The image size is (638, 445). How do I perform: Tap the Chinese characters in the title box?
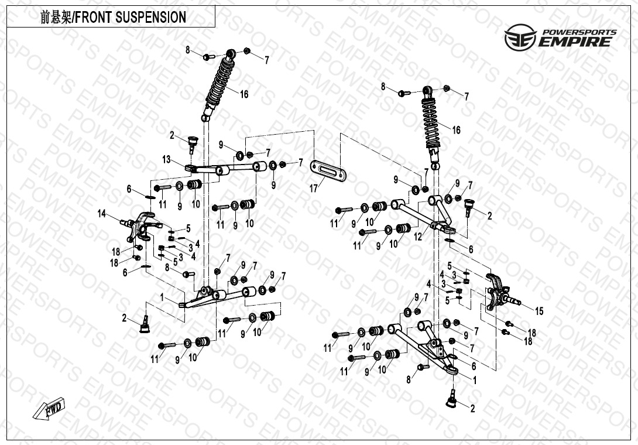click(x=56, y=18)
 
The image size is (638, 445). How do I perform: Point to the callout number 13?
click(x=167, y=160)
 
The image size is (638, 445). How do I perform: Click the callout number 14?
click(x=102, y=214)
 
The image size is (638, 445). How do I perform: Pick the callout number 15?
click(x=539, y=311)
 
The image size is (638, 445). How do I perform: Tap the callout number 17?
click(x=314, y=189)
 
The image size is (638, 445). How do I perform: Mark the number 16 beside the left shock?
click(x=244, y=94)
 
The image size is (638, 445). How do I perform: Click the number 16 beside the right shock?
click(x=456, y=130)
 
